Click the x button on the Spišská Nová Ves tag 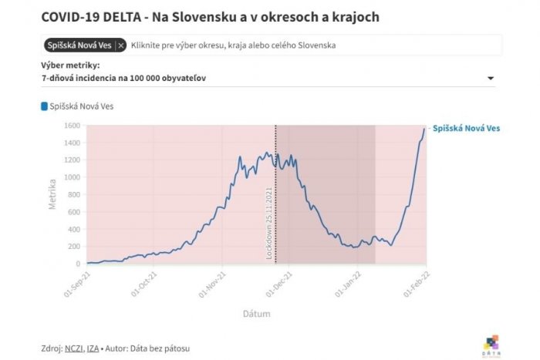[x=121, y=45]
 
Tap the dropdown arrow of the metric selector [x=491, y=79]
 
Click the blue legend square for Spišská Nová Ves [x=44, y=106]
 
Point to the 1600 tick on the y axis [x=72, y=125]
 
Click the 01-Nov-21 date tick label [x=218, y=281]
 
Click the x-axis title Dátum [x=256, y=314]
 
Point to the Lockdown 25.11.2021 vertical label [x=269, y=224]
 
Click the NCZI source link [x=74, y=348]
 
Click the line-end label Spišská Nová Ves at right [x=466, y=128]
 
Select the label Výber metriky [x=70, y=66]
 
